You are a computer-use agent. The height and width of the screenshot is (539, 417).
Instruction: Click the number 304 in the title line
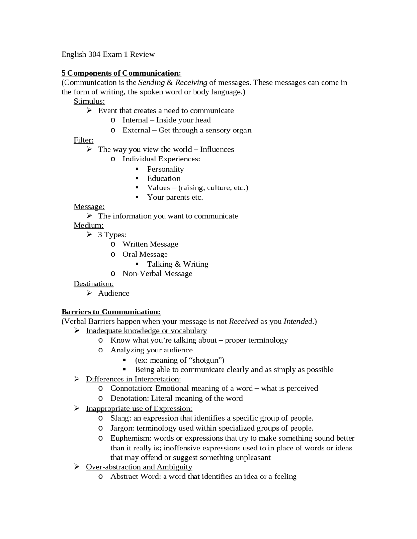pyautogui.click(x=94, y=54)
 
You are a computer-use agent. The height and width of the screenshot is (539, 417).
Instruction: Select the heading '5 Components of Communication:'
pyautogui.click(x=121, y=73)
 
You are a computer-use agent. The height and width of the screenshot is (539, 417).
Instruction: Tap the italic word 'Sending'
pyautogui.click(x=151, y=82)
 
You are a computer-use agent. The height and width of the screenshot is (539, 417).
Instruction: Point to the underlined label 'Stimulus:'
pyautogui.click(x=89, y=101)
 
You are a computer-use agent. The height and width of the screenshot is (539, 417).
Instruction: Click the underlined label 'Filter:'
pyautogui.click(x=83, y=140)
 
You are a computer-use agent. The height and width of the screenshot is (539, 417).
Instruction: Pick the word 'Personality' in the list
pyautogui.click(x=165, y=169)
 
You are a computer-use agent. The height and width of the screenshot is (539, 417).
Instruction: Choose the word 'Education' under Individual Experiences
pyautogui.click(x=164, y=178)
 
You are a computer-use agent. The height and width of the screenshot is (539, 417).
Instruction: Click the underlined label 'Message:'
pyautogui.click(x=89, y=207)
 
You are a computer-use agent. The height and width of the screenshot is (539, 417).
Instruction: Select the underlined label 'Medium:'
pyautogui.click(x=88, y=225)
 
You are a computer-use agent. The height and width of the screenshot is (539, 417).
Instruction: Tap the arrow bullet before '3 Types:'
pyautogui.click(x=89, y=235)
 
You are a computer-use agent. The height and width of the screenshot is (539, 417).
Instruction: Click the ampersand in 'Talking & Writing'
pyautogui.click(x=178, y=264)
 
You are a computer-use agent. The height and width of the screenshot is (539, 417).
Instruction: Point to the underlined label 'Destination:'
pyautogui.click(x=93, y=284)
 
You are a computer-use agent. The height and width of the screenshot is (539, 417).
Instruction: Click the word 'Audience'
pyautogui.click(x=114, y=293)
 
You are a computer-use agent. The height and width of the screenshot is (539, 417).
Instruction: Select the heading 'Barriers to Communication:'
pyautogui.click(x=111, y=312)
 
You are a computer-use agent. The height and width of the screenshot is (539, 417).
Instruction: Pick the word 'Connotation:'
pyautogui.click(x=132, y=388)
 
